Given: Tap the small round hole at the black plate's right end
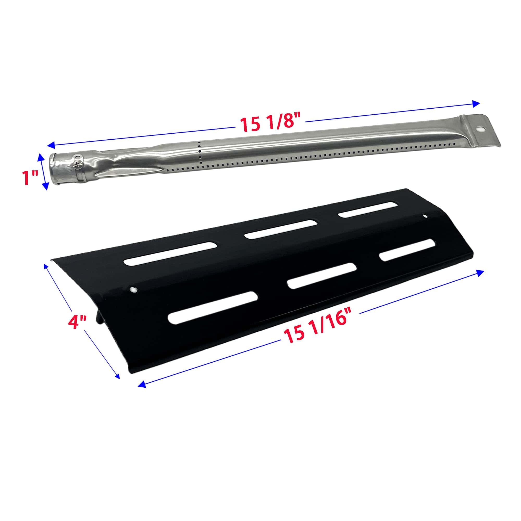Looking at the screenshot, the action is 425,216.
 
